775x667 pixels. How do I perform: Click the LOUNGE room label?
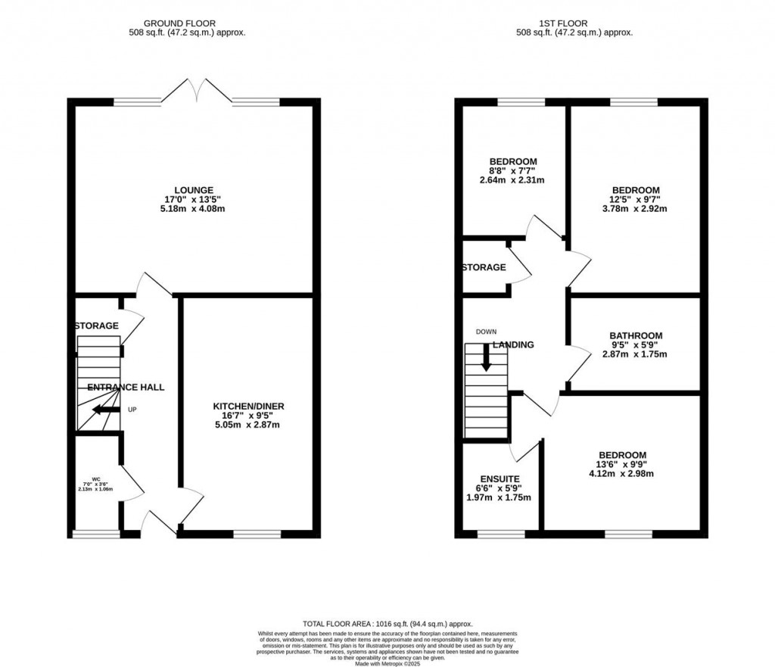tap(195, 190)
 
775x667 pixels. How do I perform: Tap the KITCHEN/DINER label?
tap(248, 407)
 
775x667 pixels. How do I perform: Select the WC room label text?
tap(96, 479)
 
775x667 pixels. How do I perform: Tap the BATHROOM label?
tap(636, 335)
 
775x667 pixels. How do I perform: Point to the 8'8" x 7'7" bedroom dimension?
tap(513, 171)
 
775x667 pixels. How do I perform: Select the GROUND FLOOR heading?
tap(186, 23)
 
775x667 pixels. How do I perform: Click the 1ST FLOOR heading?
tap(574, 23)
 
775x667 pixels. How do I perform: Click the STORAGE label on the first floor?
tap(484, 267)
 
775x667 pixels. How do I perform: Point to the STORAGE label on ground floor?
tap(96, 326)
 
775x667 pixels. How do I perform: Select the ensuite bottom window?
tap(500, 534)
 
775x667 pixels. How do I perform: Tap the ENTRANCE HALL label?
tap(126, 387)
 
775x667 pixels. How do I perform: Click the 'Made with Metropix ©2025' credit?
tap(387, 664)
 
